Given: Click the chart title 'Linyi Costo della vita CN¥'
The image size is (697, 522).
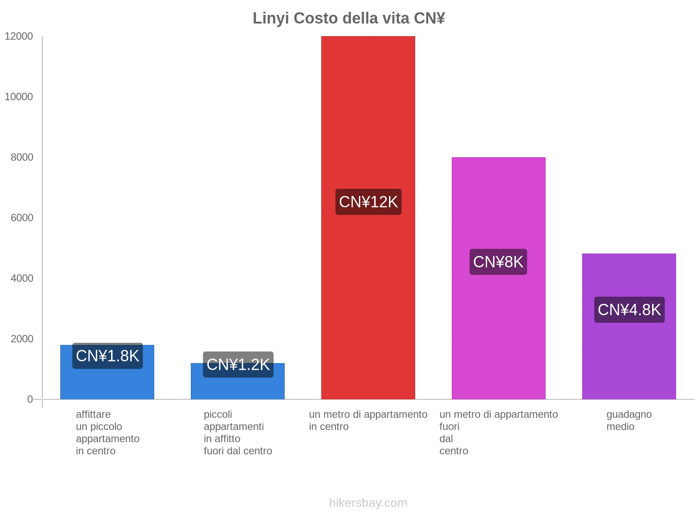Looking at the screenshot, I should click(348, 18).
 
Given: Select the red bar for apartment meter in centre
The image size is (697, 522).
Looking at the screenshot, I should click(368, 109).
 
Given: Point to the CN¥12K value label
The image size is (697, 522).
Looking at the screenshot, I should click(368, 202).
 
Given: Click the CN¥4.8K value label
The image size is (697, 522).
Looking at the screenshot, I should click(629, 310).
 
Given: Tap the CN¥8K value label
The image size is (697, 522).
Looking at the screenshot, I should click(498, 262).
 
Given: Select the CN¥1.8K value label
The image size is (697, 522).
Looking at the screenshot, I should click(107, 356).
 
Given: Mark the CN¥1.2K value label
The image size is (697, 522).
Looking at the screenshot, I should click(238, 365).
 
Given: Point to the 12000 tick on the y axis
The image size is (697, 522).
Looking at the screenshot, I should click(19, 36).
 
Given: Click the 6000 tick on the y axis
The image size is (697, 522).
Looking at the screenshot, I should click(22, 217).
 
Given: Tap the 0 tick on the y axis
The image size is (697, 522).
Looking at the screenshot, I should click(30, 399).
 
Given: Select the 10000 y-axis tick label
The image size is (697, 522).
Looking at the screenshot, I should click(19, 97).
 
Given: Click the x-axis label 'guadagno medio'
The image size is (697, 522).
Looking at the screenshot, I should click(629, 420).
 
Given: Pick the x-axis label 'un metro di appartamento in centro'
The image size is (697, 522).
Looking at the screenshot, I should click(368, 420).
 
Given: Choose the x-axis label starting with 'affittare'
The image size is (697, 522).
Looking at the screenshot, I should click(107, 432).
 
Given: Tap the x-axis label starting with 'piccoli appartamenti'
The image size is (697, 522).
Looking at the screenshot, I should click(237, 432).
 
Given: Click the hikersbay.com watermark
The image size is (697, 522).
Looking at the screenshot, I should click(368, 503).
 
